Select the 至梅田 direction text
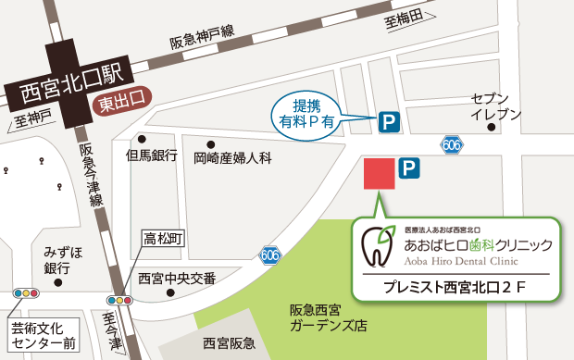pos(405,19)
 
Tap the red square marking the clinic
pos(379,174)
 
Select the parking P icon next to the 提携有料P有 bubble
pos(389,119)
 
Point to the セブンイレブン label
pos(489,106)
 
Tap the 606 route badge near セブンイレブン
pos(451,144)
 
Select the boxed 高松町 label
pos(163,239)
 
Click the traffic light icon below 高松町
pos(121,301)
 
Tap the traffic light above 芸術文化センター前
pos(26,293)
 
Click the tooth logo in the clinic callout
pos(377,246)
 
